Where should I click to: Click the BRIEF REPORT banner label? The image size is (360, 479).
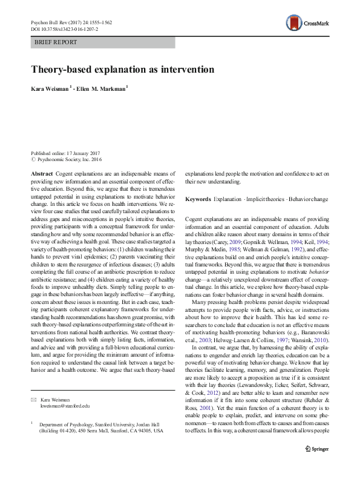coord(56,42)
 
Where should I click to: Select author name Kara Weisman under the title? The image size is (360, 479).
coord(50,89)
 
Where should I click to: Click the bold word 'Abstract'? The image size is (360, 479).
coord(42,173)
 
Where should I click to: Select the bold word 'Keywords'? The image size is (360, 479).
coord(198,199)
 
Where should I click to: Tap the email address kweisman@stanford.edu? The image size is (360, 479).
coord(65,406)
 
